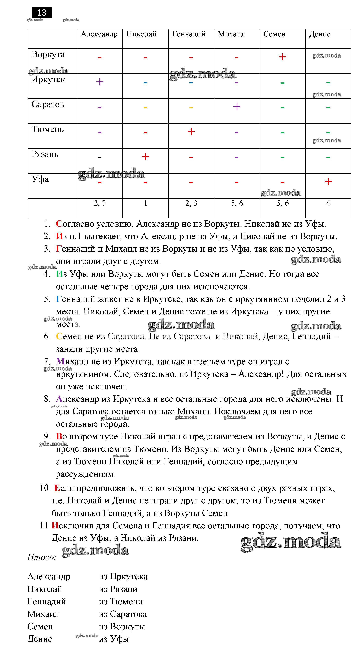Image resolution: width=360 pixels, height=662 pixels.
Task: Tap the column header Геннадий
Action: pyautogui.click(x=189, y=34)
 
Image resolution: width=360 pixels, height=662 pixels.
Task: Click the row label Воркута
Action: pyautogui.click(x=48, y=54)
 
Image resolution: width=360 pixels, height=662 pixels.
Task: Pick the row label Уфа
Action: pyautogui.click(x=40, y=179)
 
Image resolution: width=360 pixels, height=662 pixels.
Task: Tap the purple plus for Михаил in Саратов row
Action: pyautogui.click(x=237, y=107)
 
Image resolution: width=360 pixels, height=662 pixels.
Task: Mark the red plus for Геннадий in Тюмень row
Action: pyautogui.click(x=191, y=132)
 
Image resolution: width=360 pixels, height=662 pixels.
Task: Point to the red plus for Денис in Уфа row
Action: pyautogui.click(x=328, y=182)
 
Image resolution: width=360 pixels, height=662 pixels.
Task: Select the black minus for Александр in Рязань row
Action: pyautogui.click(x=100, y=157)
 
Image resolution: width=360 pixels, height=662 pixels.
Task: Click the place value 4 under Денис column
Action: pyautogui.click(x=328, y=203)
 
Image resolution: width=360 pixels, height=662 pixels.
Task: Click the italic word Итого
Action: pyautogui.click(x=42, y=557)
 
